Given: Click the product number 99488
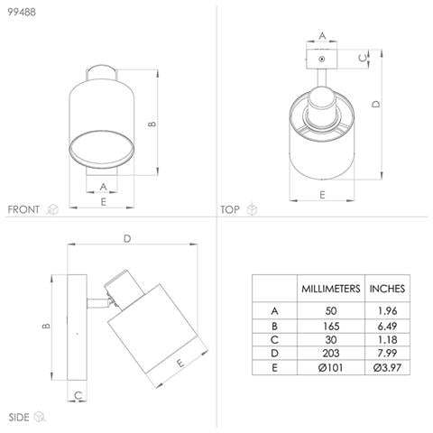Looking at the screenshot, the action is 22,12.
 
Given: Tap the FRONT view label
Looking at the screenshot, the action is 23,209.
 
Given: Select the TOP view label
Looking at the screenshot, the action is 230,209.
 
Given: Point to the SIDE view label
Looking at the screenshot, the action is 19,418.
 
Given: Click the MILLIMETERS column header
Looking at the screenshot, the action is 331,289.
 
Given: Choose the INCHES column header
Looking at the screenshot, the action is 387,289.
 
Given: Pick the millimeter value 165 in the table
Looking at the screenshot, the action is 331,326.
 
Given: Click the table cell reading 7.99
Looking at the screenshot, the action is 387,353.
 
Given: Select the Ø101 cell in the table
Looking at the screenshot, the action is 331,367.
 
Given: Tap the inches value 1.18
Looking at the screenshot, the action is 387,340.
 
